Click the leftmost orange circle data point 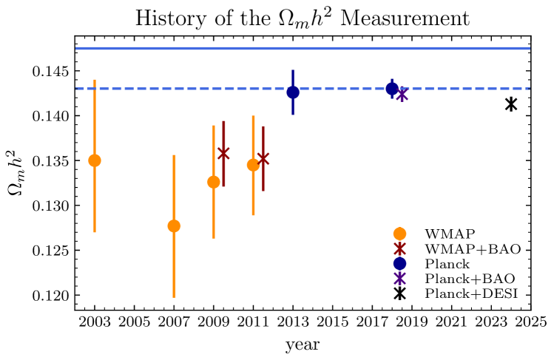95,160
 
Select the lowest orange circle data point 174,226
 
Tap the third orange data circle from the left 214,182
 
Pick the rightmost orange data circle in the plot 253,165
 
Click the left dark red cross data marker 223,153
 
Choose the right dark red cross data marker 263,158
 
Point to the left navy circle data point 293,92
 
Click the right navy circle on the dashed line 392,88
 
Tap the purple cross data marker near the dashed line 402,95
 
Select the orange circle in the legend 399,234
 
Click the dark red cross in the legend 399,248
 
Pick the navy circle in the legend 399,263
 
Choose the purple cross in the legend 399,278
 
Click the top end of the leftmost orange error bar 95,80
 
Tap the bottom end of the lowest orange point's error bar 174,297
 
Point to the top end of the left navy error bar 293,70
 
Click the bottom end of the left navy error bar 293,115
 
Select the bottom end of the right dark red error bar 263,191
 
